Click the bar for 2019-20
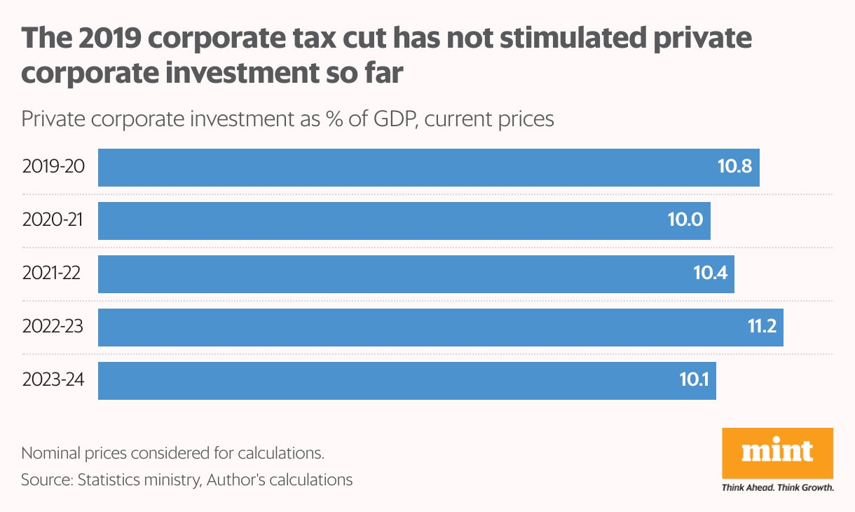tap(406, 168)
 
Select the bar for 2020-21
tap(392, 221)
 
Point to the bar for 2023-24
tap(392, 381)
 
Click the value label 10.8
tap(734, 168)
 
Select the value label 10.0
tap(685, 221)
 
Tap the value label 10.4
tap(709, 274)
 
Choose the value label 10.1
tap(694, 381)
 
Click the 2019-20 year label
tap(53, 167)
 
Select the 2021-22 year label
tap(51, 274)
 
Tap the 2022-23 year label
tap(53, 327)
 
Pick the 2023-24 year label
tap(53, 380)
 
